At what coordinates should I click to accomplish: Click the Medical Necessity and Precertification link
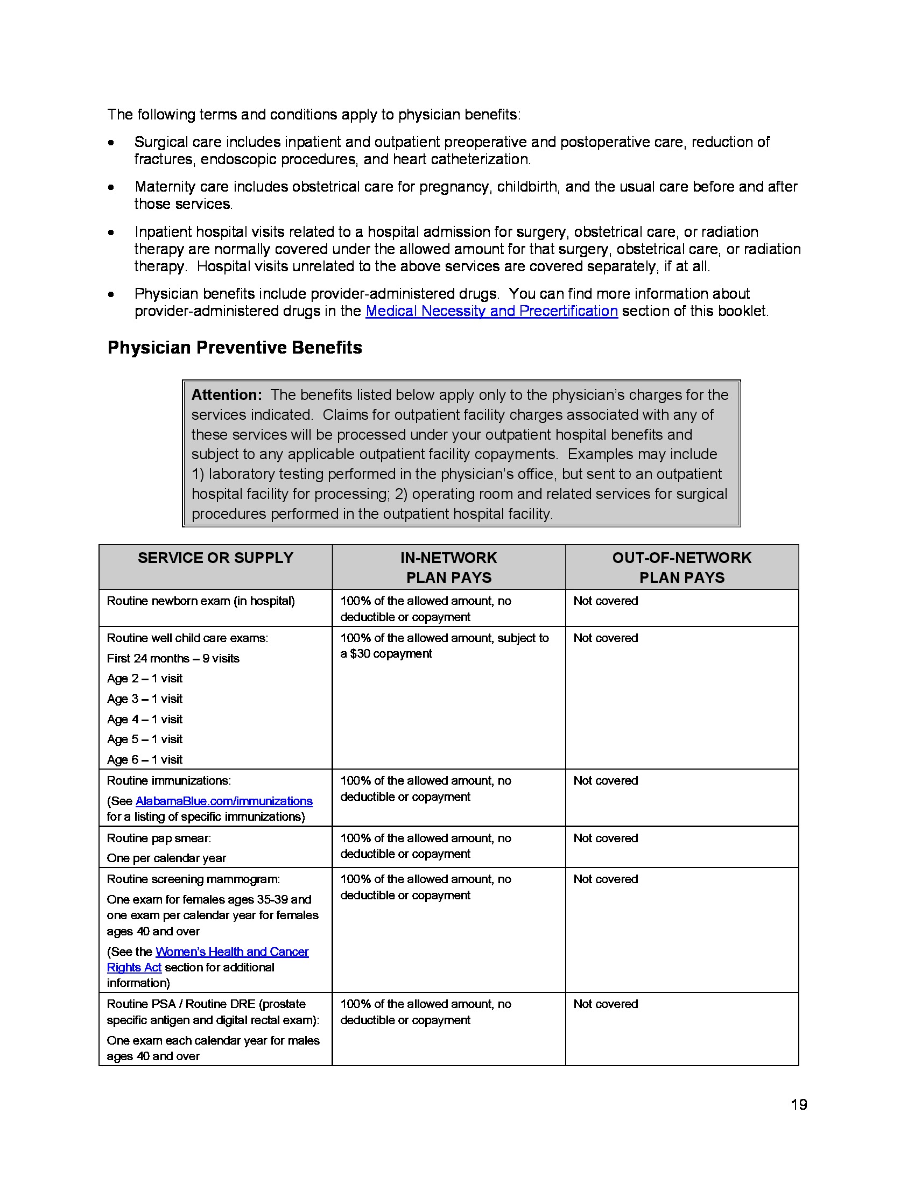pos(491,311)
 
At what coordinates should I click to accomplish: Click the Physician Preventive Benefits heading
pos(234,348)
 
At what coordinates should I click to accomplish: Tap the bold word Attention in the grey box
pos(226,394)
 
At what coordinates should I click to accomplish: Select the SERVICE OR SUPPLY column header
pos(215,558)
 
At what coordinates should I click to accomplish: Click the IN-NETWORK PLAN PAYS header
pos(448,567)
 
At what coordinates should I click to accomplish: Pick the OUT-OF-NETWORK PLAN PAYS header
pos(681,567)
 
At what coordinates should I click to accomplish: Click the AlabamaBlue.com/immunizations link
pos(224,801)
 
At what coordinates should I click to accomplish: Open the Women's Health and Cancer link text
pos(232,952)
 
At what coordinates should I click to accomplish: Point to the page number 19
pos(798,1104)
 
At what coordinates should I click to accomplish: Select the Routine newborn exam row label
pos(201,601)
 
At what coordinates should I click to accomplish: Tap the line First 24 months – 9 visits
pos(173,658)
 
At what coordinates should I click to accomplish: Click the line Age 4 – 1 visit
pos(145,719)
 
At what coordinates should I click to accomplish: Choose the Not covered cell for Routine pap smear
pos(606,838)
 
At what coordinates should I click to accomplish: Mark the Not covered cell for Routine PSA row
pos(606,1004)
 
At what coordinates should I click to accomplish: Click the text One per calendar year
pos(166,858)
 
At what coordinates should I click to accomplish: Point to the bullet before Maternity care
pos(111,188)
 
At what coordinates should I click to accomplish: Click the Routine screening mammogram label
pos(193,879)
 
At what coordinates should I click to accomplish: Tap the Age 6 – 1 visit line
pos(145,759)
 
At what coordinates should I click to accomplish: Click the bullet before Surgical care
pos(111,143)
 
